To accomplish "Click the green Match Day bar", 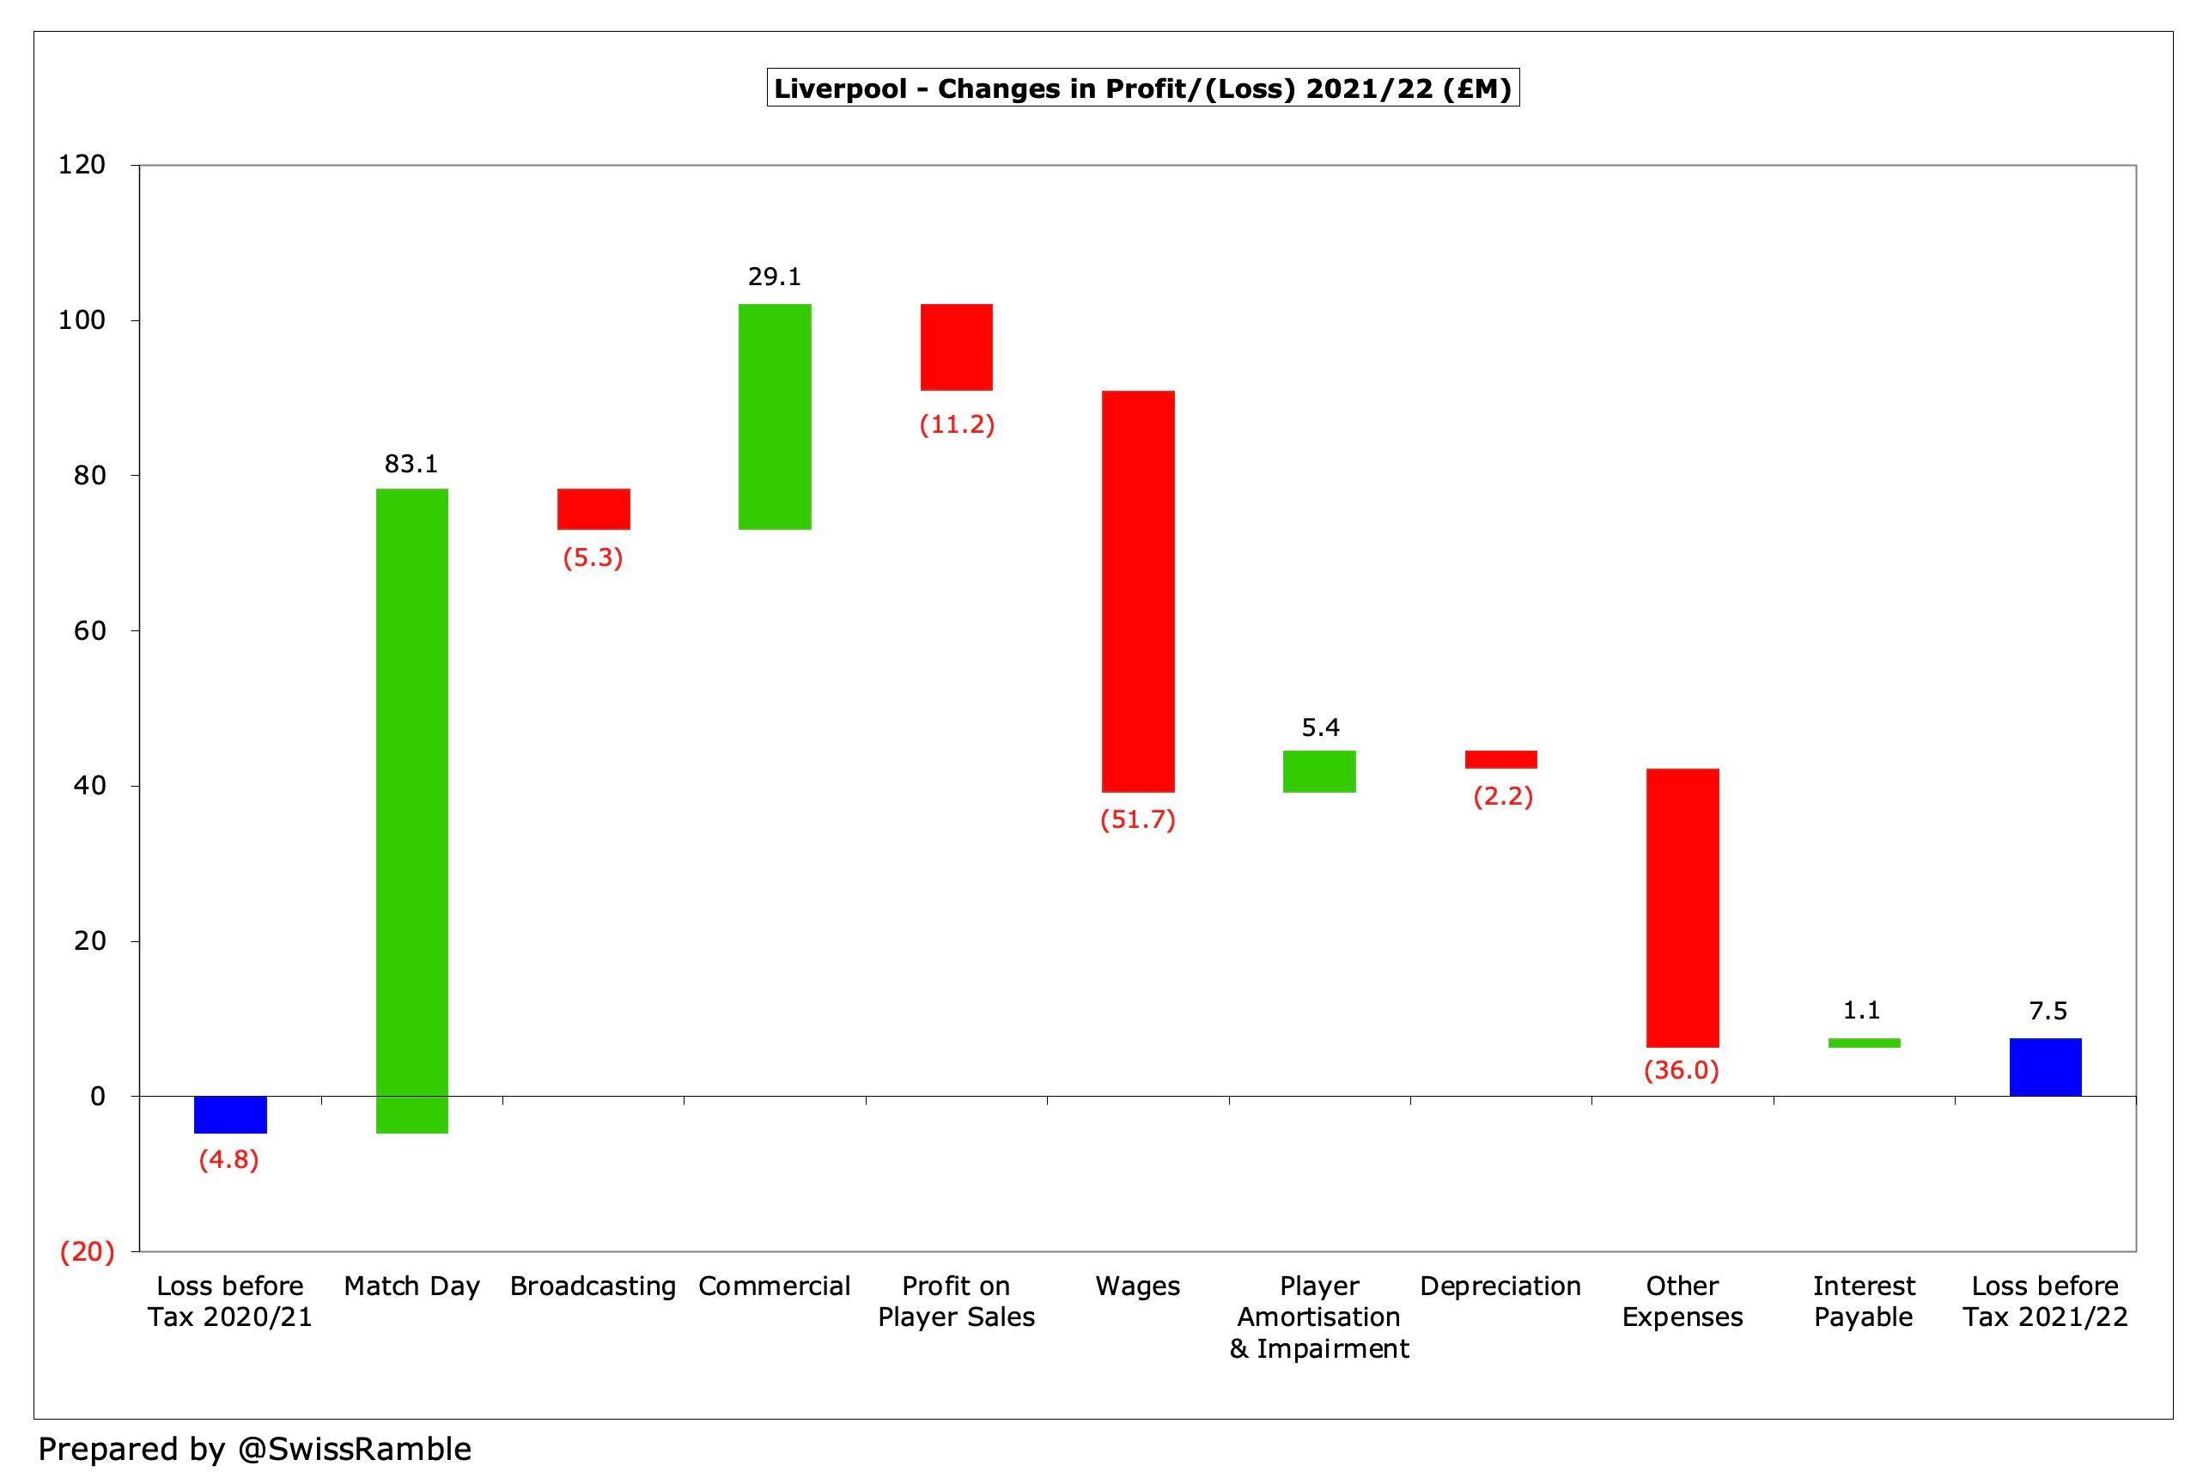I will coord(412,810).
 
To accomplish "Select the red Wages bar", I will coord(1138,592).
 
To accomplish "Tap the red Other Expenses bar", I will coord(1683,908).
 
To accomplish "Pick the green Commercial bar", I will coord(775,417).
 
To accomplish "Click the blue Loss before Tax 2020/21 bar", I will coord(230,1115).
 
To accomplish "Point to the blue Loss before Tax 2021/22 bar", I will coord(2046,1067).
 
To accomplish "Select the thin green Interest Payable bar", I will coord(1864,1043).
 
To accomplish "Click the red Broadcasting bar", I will coord(593,508).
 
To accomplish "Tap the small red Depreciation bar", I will coord(1500,759).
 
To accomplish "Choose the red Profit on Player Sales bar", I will coord(956,347).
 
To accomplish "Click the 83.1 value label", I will coord(411,464).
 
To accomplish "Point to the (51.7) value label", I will coord(1138,819).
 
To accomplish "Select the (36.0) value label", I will coord(1682,1070).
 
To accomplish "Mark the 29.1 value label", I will coord(775,277).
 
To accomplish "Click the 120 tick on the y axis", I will coord(82,165).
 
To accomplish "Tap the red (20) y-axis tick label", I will coord(87,1251).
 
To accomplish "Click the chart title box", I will coord(1142,88).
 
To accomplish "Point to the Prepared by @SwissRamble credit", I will coord(254,1449).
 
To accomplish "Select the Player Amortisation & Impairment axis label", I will coord(1319,1317).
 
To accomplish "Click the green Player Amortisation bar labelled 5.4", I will coord(1319,772).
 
